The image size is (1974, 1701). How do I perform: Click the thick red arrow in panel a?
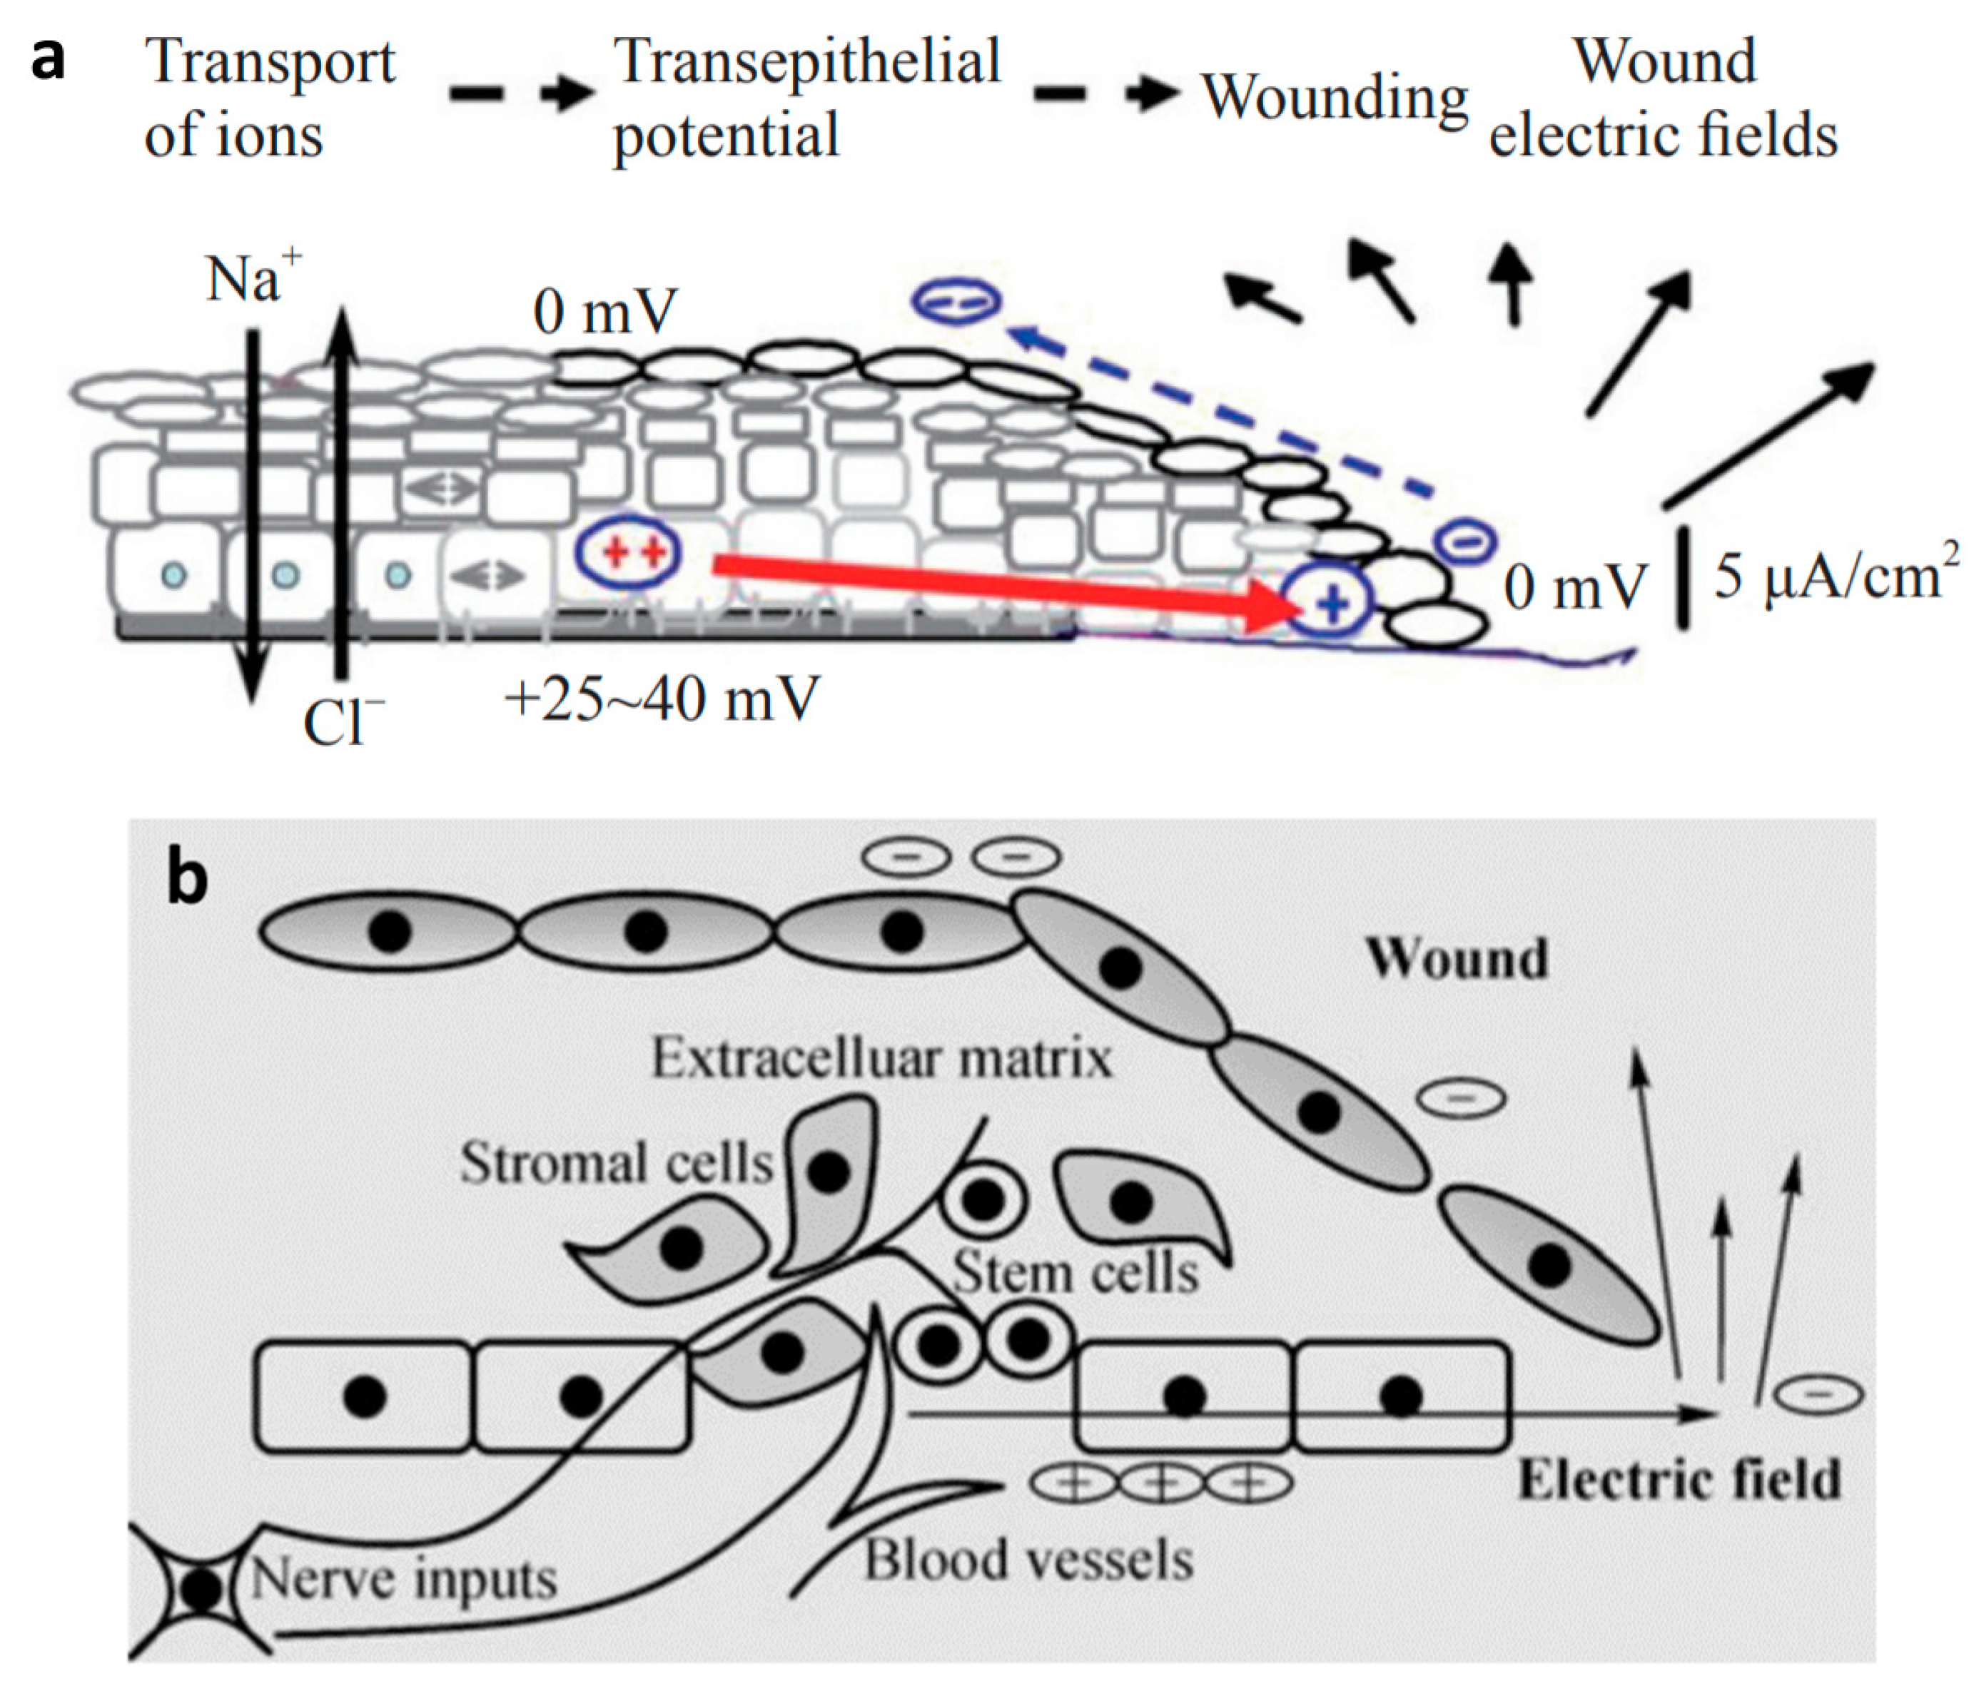click(x=991, y=583)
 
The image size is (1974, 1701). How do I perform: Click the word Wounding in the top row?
click(x=1334, y=97)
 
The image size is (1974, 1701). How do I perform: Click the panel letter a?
click(x=48, y=59)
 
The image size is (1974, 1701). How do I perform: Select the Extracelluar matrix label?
click(x=881, y=1058)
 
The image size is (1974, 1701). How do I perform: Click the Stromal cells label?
click(x=615, y=1163)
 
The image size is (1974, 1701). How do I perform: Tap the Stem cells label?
click(x=1075, y=1272)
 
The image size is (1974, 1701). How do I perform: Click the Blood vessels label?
click(x=1028, y=1560)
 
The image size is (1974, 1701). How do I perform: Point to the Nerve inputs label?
click(x=404, y=1580)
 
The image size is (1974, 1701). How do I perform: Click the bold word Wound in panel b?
click(x=1457, y=958)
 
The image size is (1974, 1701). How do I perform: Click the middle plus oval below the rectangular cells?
click(x=1160, y=1483)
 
